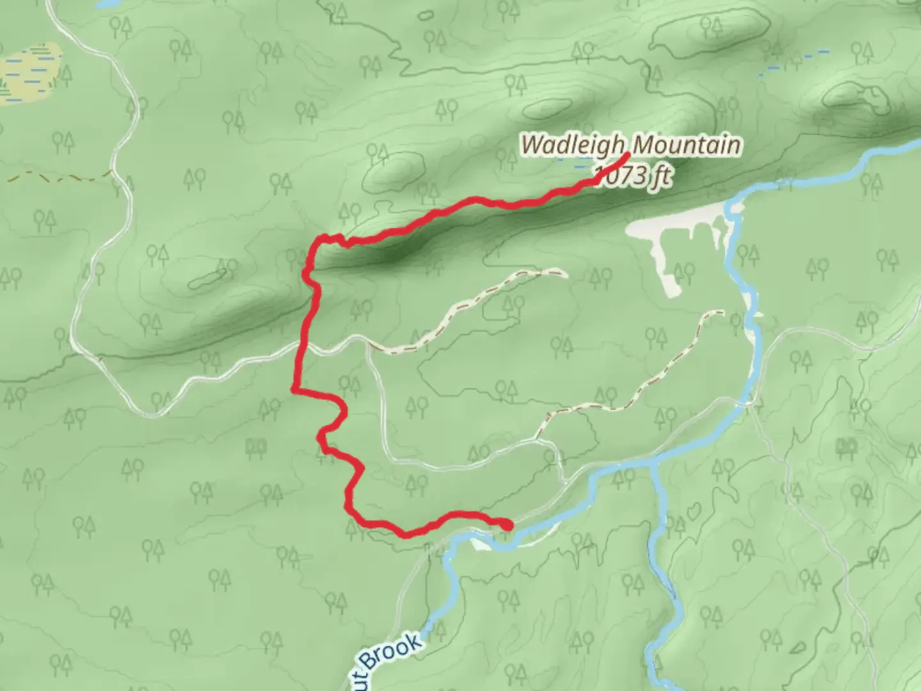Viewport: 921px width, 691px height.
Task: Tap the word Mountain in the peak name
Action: tap(686, 145)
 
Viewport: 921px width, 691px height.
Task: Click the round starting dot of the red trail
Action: tap(507, 525)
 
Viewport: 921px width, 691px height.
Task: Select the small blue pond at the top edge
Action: tap(106, 4)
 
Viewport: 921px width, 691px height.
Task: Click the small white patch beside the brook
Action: tap(480, 544)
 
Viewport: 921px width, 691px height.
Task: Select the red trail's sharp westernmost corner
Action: tap(294, 388)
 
